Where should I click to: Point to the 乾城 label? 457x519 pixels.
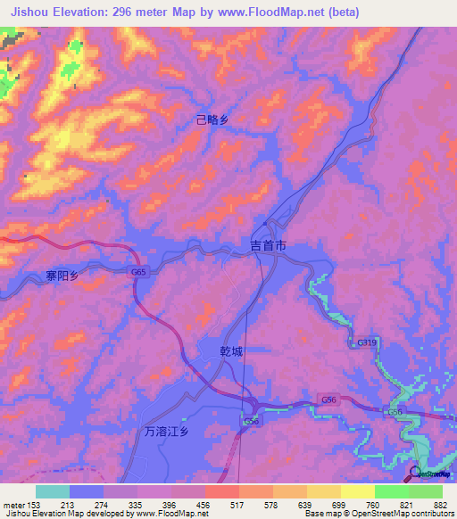point(231,351)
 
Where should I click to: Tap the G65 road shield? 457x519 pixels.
point(137,272)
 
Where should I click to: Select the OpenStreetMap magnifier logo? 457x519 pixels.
point(417,473)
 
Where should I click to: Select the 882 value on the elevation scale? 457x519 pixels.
point(439,504)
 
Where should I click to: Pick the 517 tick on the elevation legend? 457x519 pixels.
point(238,504)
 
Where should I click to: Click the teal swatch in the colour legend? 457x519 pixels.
point(53,491)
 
